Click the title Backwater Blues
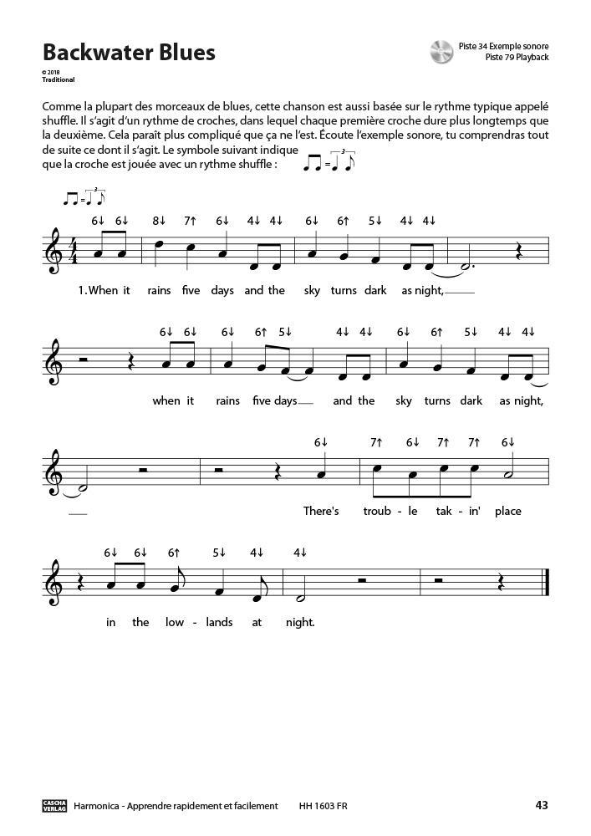129,53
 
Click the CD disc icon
441,52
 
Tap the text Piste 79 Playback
516,58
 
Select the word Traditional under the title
59,80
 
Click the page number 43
541,806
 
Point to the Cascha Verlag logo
54,806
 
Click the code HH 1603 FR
323,806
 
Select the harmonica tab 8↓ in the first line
159,221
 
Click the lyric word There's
320,510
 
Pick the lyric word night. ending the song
299,622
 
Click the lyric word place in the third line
507,510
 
